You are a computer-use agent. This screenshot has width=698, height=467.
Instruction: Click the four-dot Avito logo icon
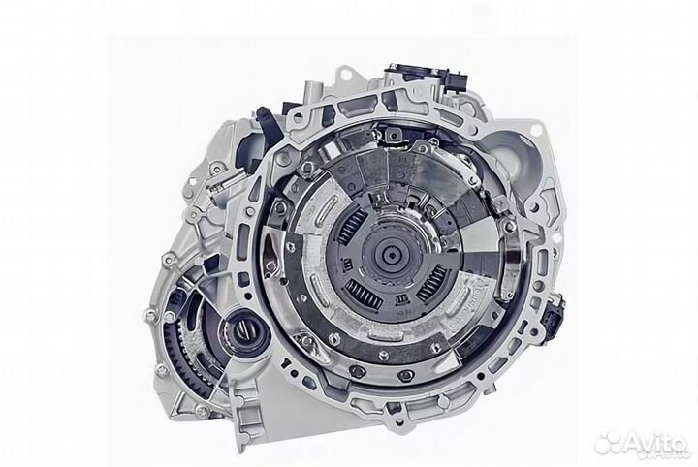pyautogui.click(x=609, y=442)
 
